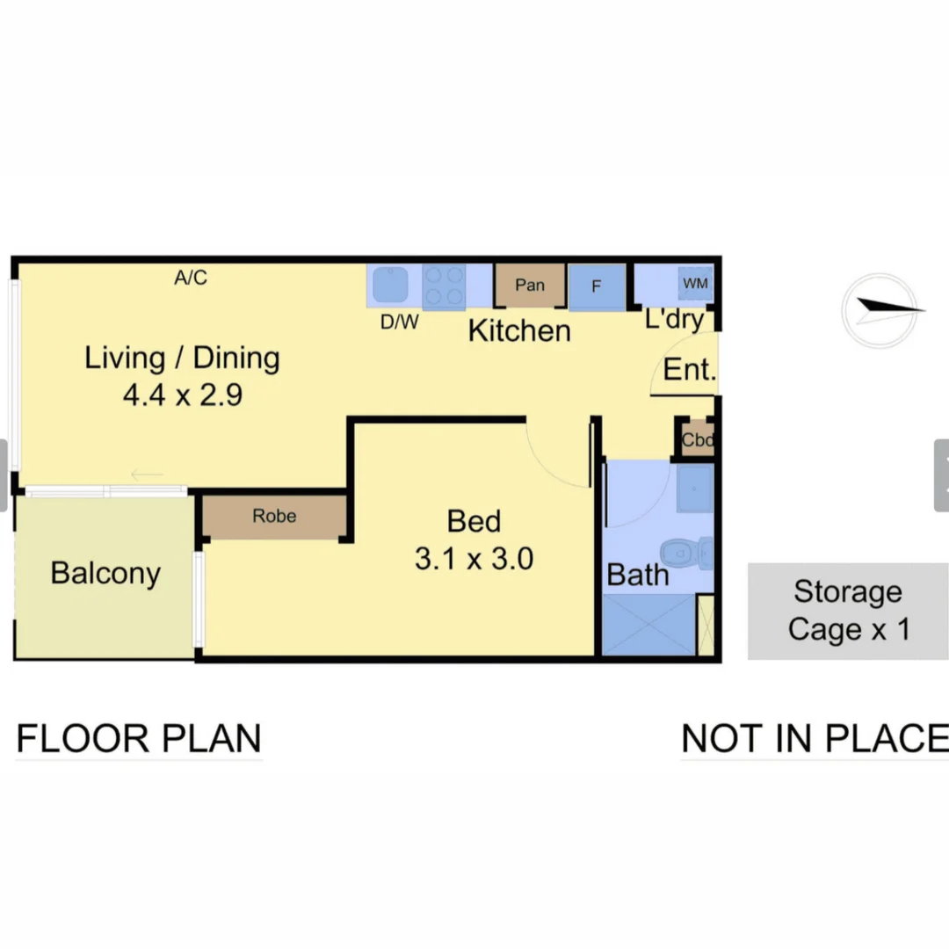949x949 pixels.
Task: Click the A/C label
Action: click(x=191, y=279)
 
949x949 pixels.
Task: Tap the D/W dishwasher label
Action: click(x=399, y=322)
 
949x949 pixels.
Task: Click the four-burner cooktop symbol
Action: click(x=444, y=286)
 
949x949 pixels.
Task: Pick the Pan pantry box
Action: click(x=530, y=286)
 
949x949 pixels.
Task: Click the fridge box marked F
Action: click(x=597, y=286)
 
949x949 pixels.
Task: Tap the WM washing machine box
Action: click(x=694, y=284)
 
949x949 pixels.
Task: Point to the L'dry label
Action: click(x=674, y=319)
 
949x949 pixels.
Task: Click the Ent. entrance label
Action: click(x=690, y=370)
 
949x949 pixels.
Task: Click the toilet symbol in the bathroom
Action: click(x=688, y=553)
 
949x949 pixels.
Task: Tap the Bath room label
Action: click(x=638, y=576)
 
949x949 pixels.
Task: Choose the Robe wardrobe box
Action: click(x=274, y=517)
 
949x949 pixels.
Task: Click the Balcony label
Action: click(x=105, y=573)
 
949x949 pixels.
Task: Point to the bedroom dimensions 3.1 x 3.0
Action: click(x=474, y=559)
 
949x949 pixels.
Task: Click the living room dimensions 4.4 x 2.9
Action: click(x=182, y=395)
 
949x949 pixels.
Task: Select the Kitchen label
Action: click(x=519, y=331)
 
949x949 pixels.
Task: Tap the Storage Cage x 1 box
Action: click(x=848, y=611)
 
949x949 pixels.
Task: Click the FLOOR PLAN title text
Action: click(x=139, y=738)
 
